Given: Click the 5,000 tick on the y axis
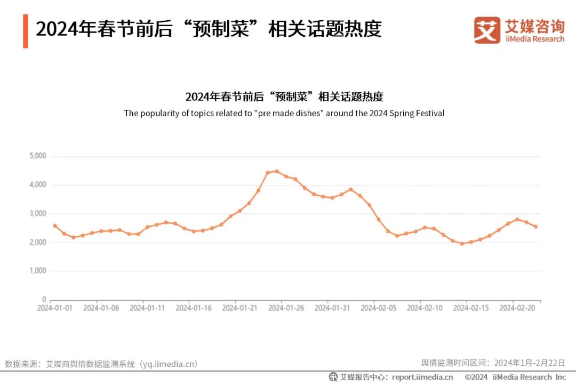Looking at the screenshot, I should click(37, 156).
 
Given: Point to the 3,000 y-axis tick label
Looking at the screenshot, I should click(37, 213).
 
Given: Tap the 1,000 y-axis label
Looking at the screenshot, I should click(37, 271).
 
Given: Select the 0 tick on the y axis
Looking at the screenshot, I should click(44, 300).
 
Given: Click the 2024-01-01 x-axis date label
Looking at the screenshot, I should click(54, 308).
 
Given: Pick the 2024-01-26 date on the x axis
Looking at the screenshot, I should click(286, 308).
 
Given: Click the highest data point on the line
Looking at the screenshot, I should click(277, 171).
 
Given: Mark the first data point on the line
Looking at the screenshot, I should click(54, 226).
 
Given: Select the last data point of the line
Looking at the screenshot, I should click(535, 227).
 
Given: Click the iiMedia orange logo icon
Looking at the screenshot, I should click(487, 30).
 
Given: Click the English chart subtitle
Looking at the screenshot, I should click(284, 113).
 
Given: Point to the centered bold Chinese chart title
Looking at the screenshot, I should click(284, 97).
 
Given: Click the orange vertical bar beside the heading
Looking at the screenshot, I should click(25, 31).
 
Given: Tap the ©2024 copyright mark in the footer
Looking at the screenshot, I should click(476, 377).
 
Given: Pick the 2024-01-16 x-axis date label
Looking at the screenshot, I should click(194, 308).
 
